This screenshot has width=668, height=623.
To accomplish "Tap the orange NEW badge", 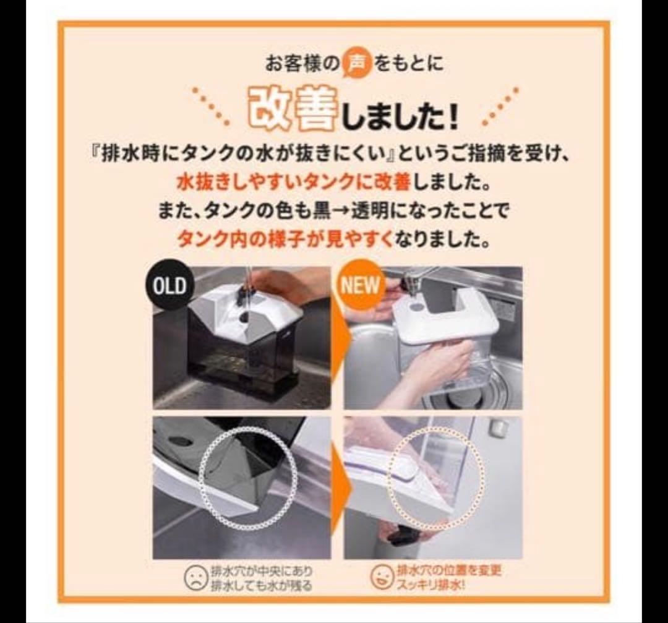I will [x=359, y=285].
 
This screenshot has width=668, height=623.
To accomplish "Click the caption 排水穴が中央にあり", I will [x=262, y=570].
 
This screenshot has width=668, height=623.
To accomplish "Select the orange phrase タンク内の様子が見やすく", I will [x=285, y=239].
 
